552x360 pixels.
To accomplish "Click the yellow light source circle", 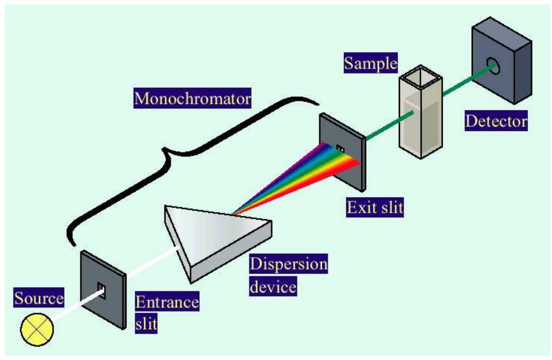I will pyautogui.click(x=37, y=329).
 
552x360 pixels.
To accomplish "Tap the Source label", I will pyautogui.click(x=39, y=298).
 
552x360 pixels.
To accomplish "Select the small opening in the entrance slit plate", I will pyautogui.click(x=101, y=291).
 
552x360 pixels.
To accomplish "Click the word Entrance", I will pyautogui.click(x=167, y=302).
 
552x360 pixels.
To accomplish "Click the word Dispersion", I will pyautogui.click(x=289, y=264).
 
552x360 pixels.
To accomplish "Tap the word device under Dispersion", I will pyautogui.click(x=273, y=286).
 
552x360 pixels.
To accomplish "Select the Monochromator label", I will pyautogui.click(x=192, y=99).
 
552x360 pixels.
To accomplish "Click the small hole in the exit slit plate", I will pyautogui.click(x=340, y=149).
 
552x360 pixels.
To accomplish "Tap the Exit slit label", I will pyautogui.click(x=375, y=207).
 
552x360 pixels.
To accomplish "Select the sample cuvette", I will pyautogui.click(x=421, y=116).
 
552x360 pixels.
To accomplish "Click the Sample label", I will pyautogui.click(x=371, y=63).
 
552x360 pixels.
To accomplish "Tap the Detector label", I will pyautogui.click(x=496, y=121).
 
